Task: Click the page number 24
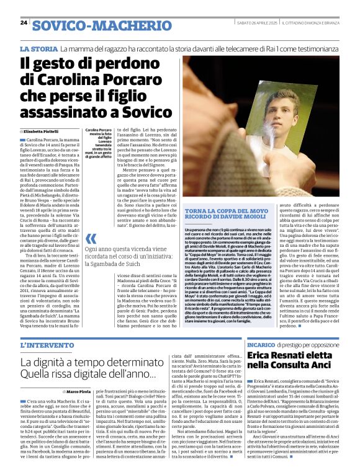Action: point(24,22)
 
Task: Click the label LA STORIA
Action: point(38,48)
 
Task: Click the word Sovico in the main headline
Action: point(142,112)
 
